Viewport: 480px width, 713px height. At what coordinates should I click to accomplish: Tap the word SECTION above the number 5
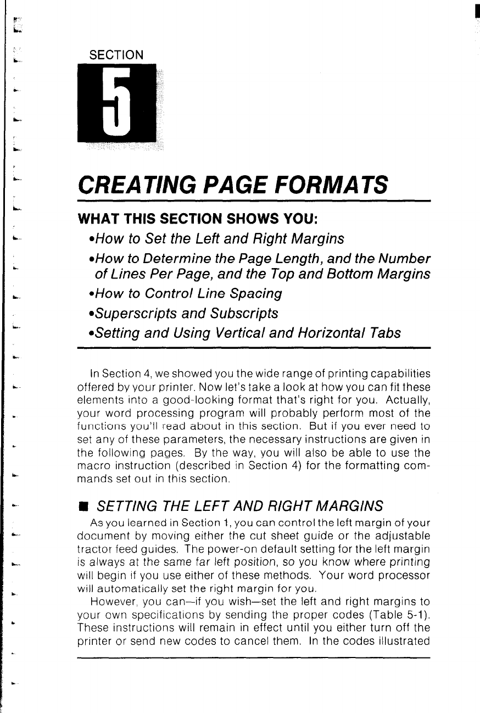click(113, 55)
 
